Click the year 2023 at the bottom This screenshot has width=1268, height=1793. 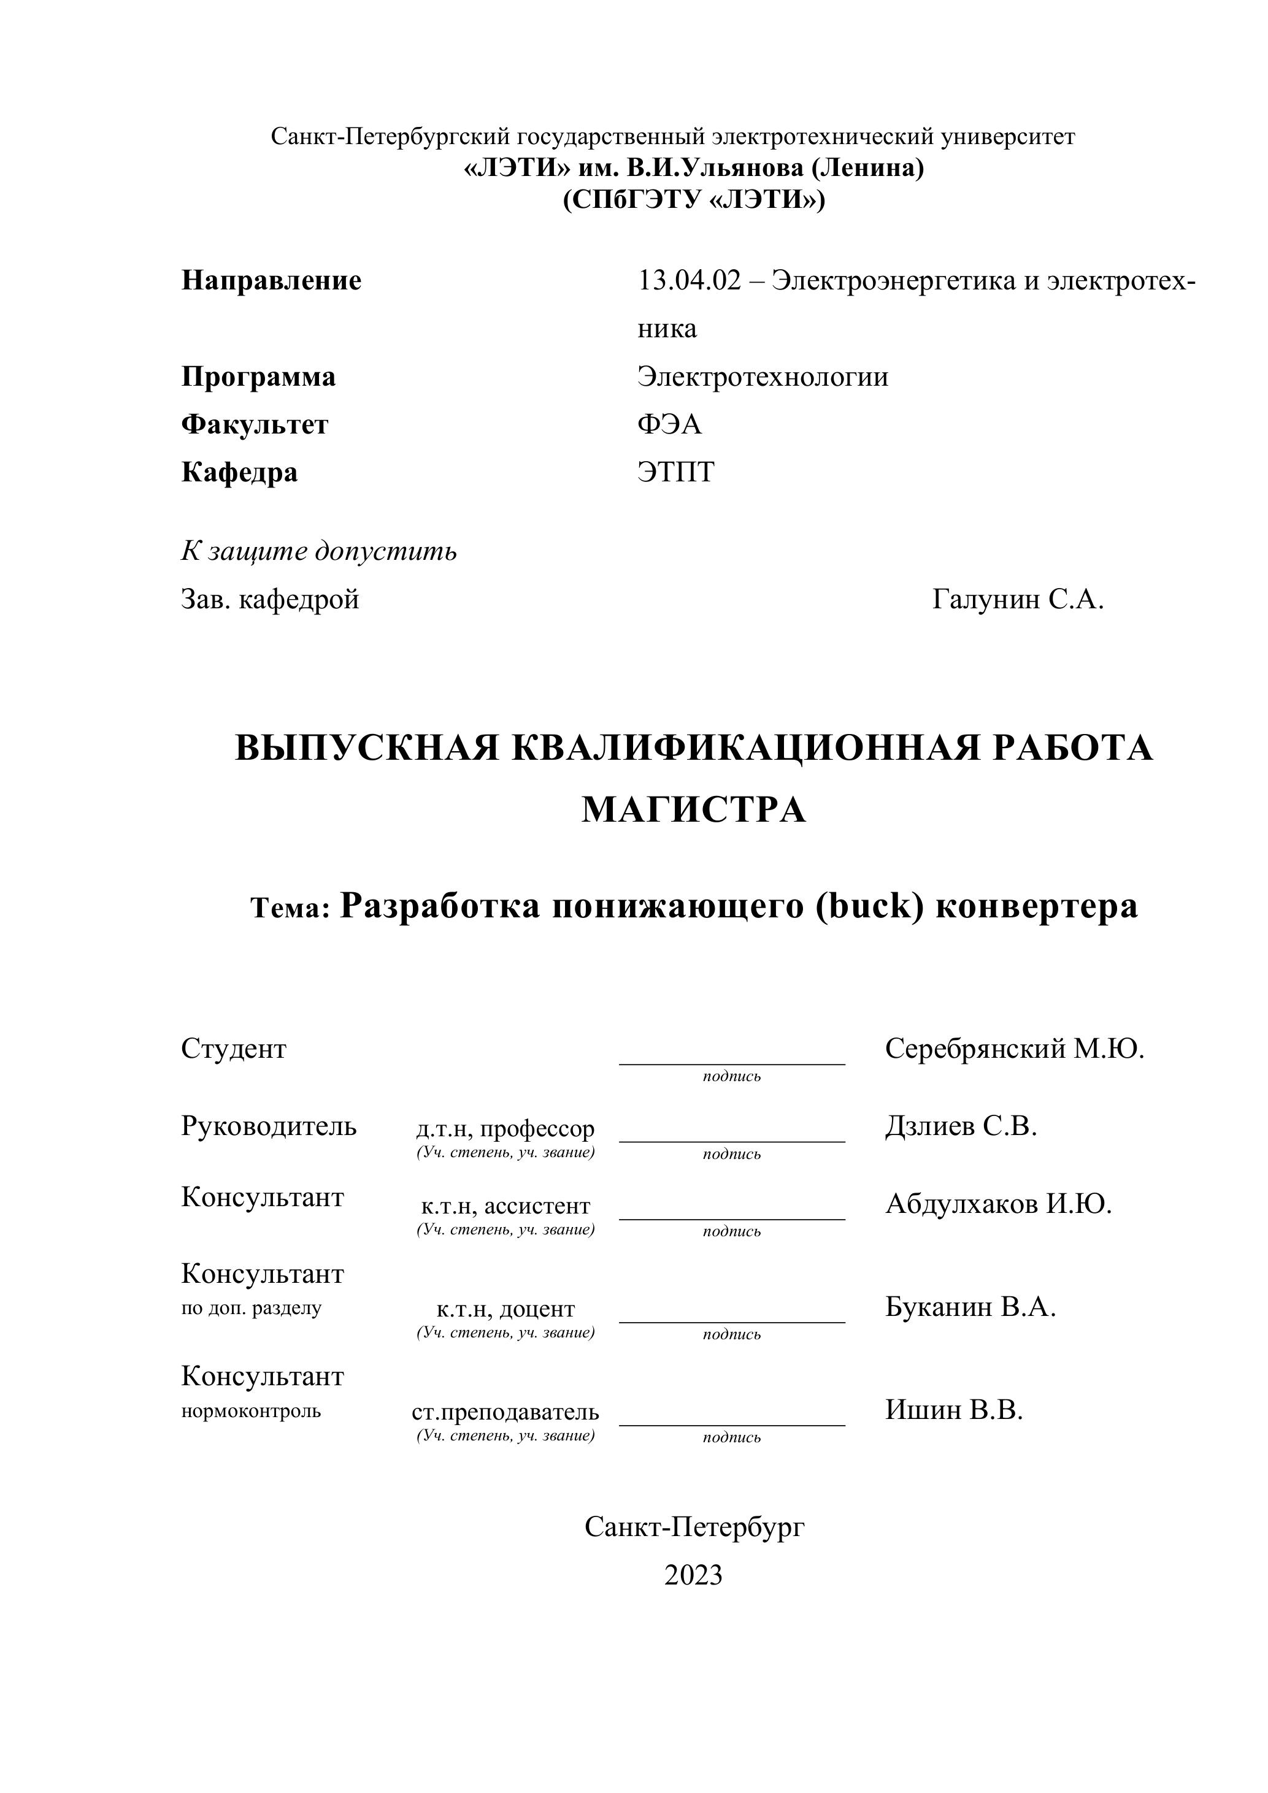point(693,1575)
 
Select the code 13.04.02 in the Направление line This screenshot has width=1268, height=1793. point(688,280)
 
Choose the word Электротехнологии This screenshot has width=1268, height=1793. point(763,377)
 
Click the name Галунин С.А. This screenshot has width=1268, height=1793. point(1018,599)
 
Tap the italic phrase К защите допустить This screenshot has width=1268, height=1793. point(319,551)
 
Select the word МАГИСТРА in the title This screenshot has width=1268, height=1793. point(693,810)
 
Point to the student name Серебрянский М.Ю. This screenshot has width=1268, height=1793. point(1014,1049)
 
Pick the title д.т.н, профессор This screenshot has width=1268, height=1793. point(505,1128)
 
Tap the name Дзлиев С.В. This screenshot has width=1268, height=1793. point(961,1125)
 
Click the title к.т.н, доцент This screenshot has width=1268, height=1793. point(505,1308)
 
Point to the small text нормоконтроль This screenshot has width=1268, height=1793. point(251,1410)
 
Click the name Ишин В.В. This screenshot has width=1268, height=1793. point(954,1409)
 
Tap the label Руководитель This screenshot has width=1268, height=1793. point(269,1125)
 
